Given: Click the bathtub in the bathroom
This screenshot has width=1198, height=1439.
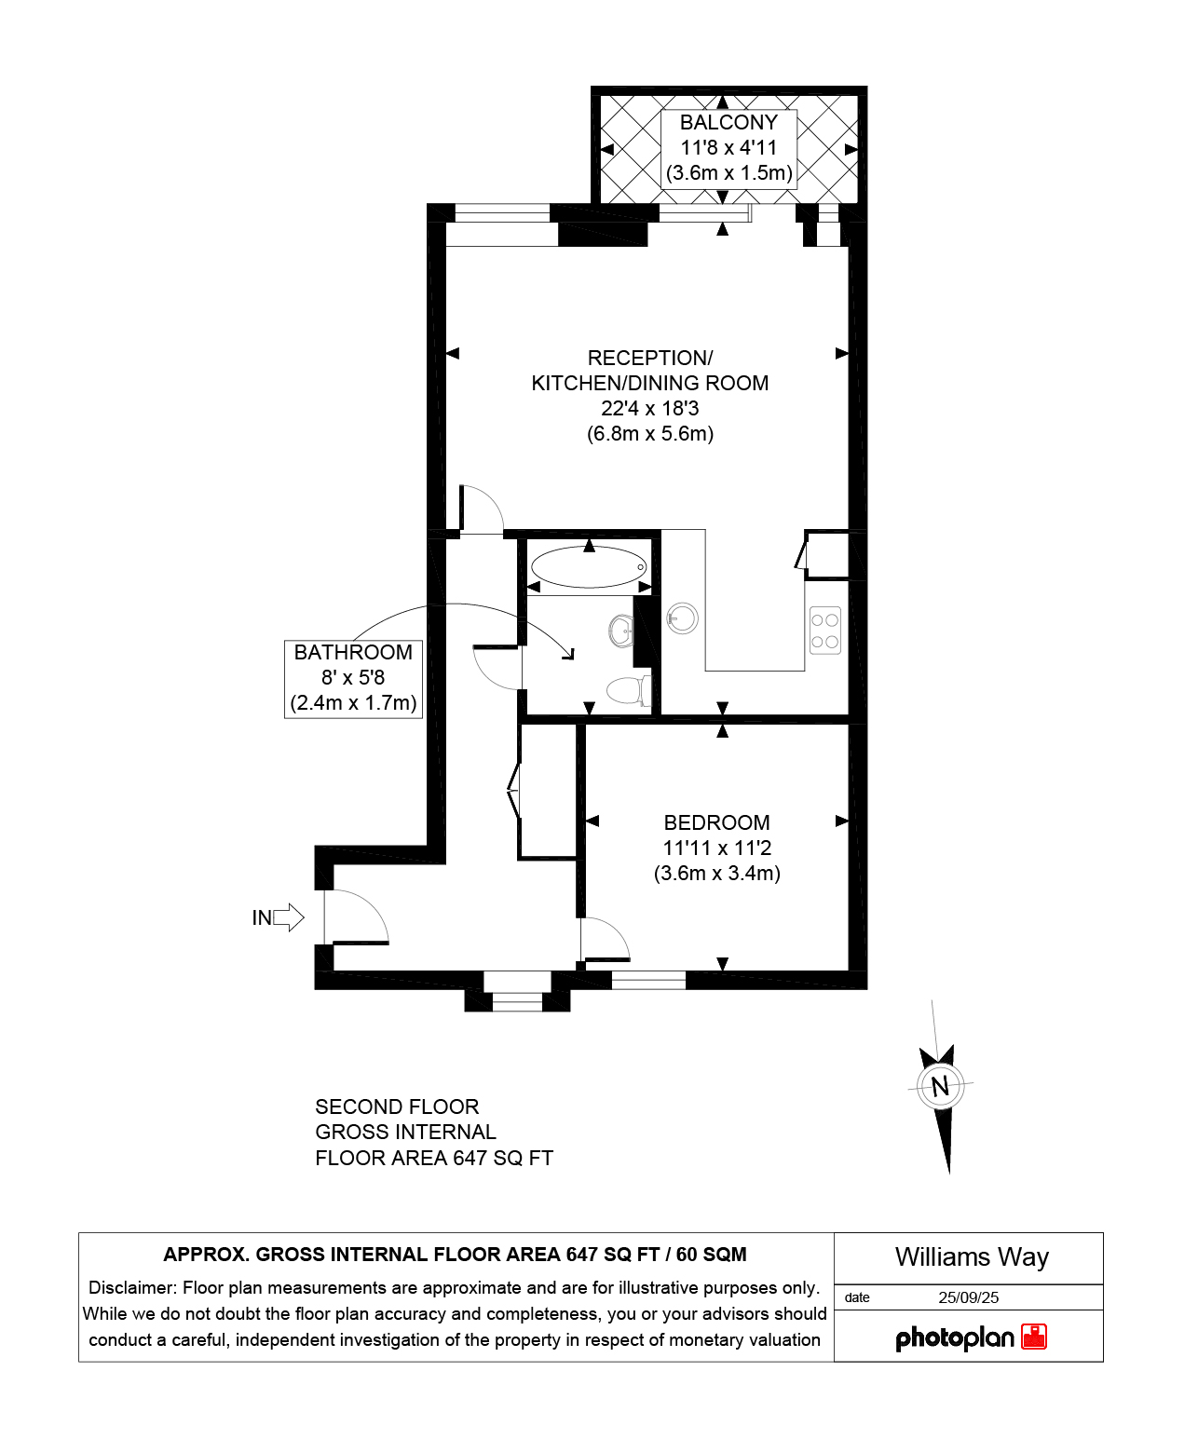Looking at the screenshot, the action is (x=588, y=566).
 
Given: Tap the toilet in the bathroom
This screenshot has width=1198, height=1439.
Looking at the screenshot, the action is (x=628, y=690).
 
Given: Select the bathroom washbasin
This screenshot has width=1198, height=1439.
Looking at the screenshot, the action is (x=621, y=630).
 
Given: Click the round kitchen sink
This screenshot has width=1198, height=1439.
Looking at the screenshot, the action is (x=682, y=618).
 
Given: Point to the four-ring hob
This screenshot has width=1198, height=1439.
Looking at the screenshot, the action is (x=824, y=630).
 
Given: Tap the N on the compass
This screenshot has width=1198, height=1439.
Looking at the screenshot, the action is (x=940, y=1087).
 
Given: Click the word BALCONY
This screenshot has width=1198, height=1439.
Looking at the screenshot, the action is (x=728, y=122).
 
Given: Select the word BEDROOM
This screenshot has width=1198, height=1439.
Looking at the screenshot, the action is (x=717, y=822).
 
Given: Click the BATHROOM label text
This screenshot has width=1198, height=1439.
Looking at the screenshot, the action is (x=353, y=652).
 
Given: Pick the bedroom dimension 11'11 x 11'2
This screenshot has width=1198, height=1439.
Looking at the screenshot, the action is (x=717, y=848).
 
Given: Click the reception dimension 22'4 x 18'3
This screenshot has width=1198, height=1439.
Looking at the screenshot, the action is (x=650, y=408).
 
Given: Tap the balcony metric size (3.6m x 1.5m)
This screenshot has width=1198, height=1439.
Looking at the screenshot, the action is (x=728, y=172).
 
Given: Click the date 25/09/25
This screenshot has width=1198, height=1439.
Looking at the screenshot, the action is (x=968, y=1297).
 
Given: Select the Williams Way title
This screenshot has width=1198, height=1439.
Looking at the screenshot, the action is (x=972, y=1257).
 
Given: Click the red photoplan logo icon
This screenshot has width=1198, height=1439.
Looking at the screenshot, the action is (x=1034, y=1337).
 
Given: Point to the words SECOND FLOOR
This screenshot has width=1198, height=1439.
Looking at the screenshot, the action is (x=397, y=1106).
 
